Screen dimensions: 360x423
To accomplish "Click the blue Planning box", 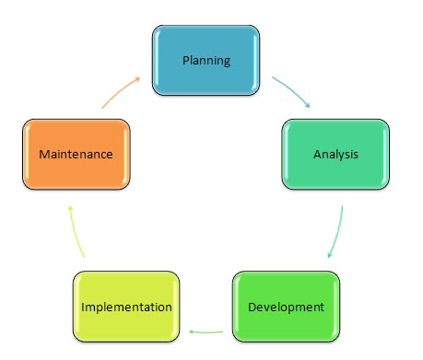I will [206, 62].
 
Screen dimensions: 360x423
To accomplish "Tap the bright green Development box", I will [286, 306].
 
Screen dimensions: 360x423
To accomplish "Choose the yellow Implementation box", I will [126, 306].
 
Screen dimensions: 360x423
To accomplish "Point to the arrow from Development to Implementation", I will [206, 329].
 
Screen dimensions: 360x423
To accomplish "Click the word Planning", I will [206, 62].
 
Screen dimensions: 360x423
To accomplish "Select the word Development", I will [286, 306].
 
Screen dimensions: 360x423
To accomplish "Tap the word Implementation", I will [126, 306].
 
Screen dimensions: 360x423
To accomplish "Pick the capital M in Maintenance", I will [43, 154].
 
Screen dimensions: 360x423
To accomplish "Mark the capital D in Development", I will [252, 306].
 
